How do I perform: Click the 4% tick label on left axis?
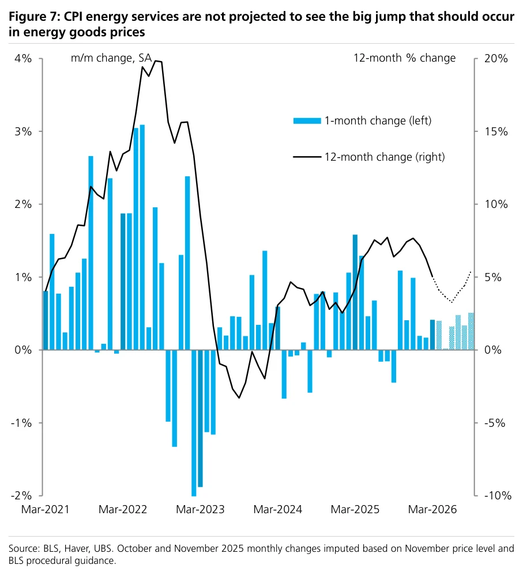(23, 58)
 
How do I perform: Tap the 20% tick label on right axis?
(496, 58)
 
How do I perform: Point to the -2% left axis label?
(21, 495)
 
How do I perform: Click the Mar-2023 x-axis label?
(200, 509)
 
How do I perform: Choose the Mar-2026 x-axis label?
(432, 509)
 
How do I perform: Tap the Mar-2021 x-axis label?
(45, 509)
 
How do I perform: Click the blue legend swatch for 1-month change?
(307, 120)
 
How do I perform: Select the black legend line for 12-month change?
(307, 157)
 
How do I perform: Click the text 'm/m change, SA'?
(111, 58)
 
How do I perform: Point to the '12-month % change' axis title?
(404, 58)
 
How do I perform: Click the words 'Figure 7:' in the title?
(34, 17)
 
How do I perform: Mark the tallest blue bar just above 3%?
(142, 237)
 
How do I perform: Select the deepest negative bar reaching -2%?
(194, 423)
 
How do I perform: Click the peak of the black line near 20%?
(156, 61)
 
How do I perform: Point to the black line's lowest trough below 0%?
(239, 397)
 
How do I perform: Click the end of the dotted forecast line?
(471, 272)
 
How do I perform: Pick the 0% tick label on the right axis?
(493, 350)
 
